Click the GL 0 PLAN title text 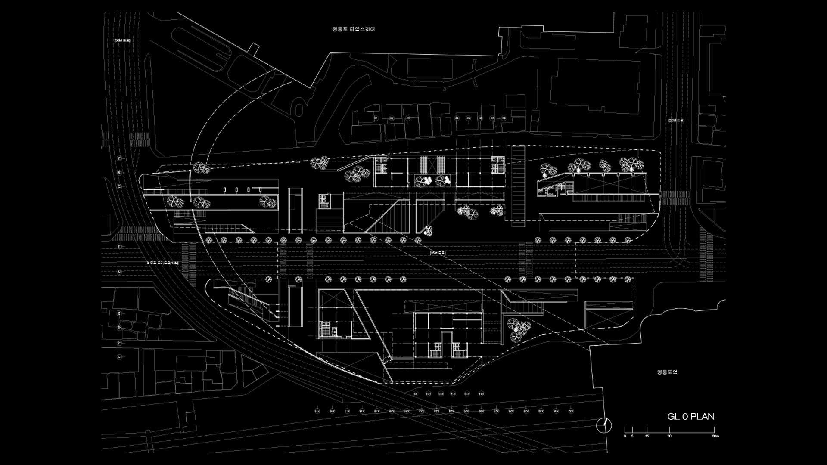(x=690, y=416)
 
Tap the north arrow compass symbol (x=604, y=425)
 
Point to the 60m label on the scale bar (x=715, y=436)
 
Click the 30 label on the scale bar (x=669, y=436)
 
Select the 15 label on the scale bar (x=647, y=436)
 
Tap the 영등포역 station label (x=667, y=372)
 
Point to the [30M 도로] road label (x=122, y=40)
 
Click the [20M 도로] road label (x=676, y=121)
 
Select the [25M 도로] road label (x=438, y=253)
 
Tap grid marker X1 (x=376, y=118)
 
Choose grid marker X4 (x=457, y=118)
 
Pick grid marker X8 (x=504, y=118)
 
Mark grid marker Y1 (x=119, y=357)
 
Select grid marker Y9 (x=119, y=158)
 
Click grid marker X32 (x=571, y=411)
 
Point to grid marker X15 (x=317, y=411)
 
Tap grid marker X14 (x=481, y=394)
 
